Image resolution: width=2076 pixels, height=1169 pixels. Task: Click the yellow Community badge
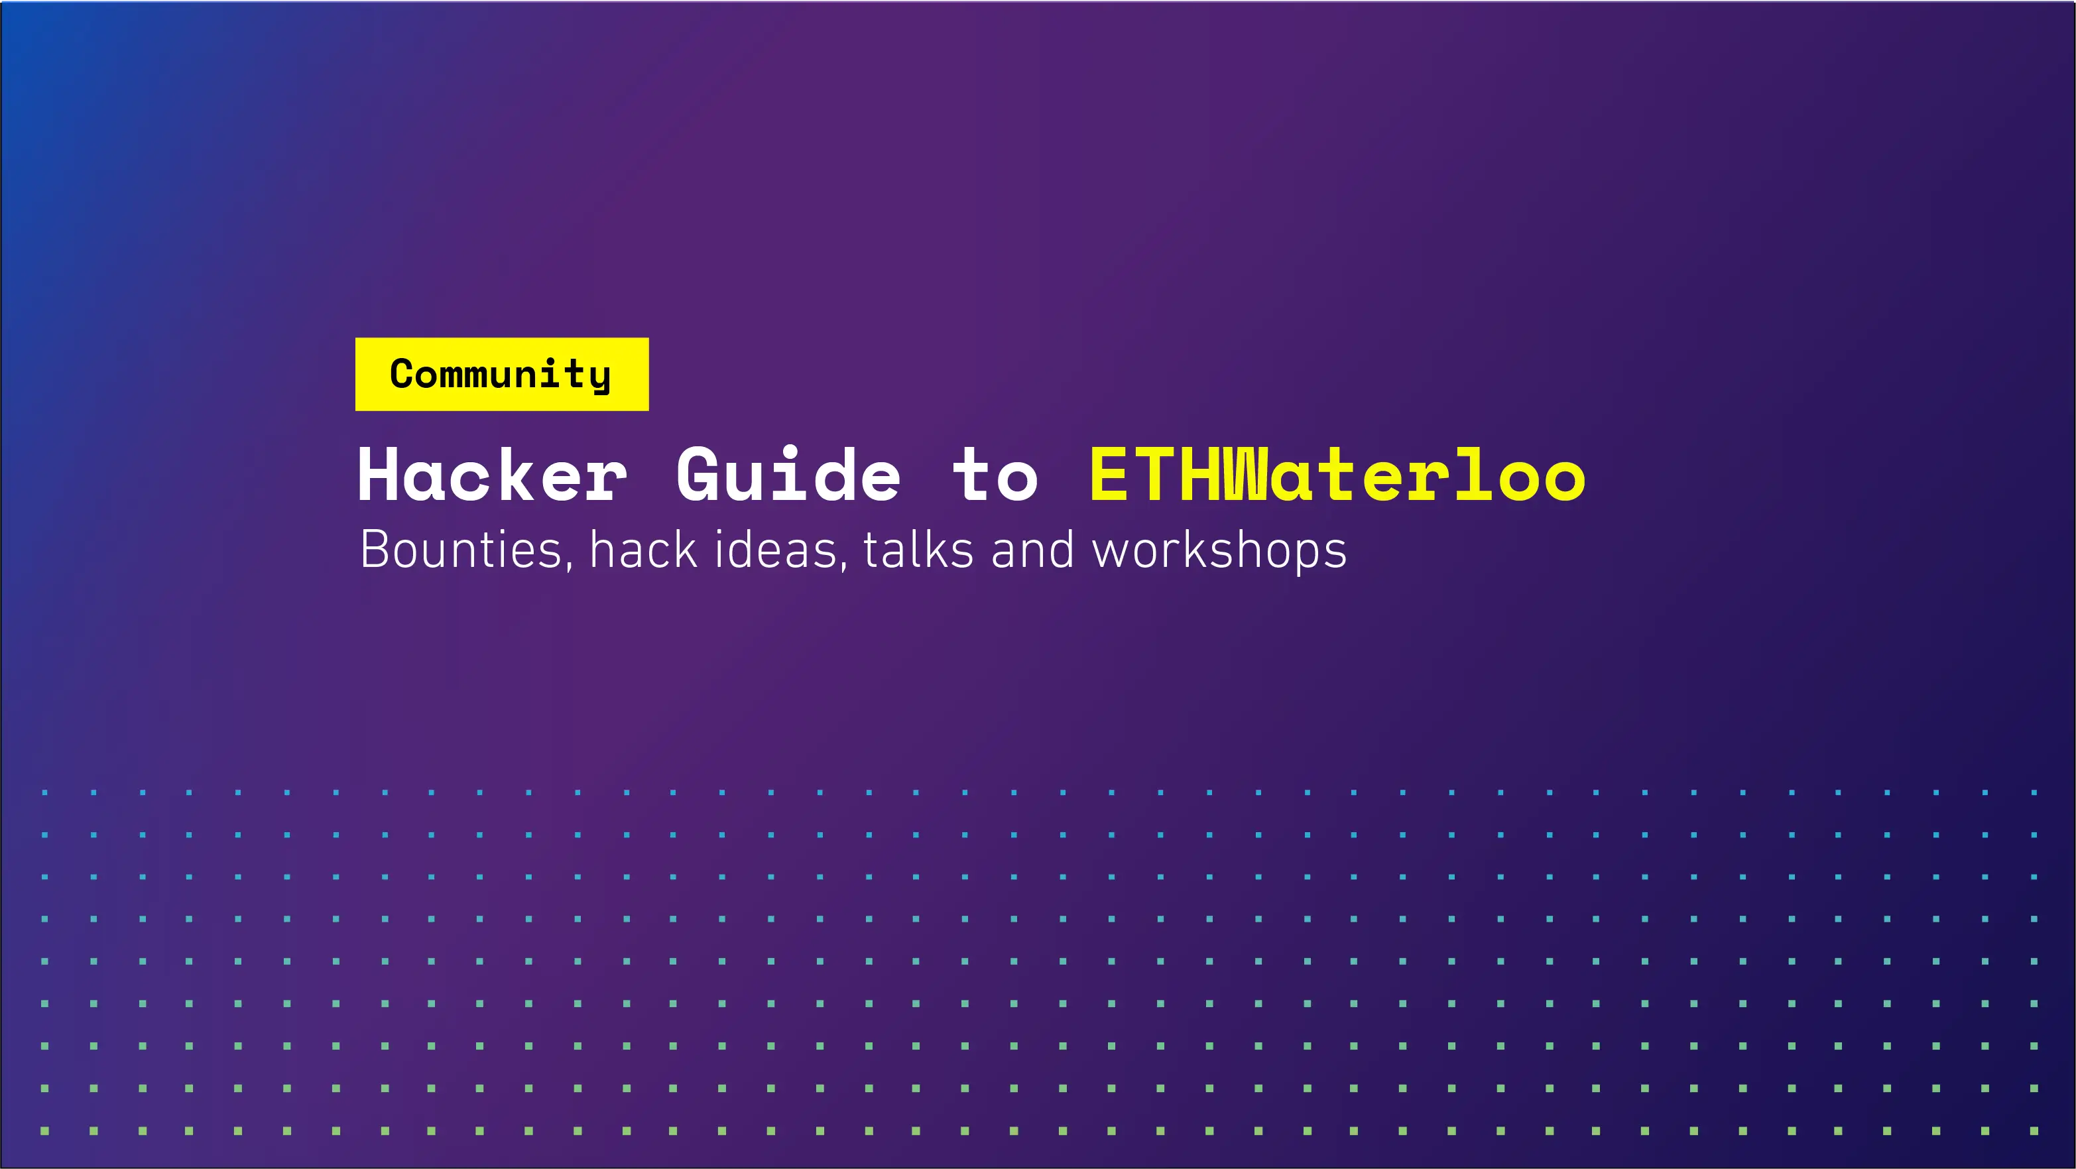coord(501,374)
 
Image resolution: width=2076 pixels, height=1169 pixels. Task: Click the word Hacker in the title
coord(491,475)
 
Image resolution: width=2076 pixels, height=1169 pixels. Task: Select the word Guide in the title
coord(788,475)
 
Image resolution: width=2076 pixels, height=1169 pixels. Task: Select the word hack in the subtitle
coord(643,550)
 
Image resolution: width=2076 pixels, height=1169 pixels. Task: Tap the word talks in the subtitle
coord(918,550)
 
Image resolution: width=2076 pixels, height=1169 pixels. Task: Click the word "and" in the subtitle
coord(1032,550)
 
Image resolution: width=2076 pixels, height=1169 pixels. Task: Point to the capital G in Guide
coord(699,475)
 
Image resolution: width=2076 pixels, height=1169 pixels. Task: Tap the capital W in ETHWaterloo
coord(1246,475)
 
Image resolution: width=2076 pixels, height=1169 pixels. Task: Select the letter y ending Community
coord(599,378)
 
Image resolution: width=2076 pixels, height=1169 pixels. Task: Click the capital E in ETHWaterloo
coord(1107,475)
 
